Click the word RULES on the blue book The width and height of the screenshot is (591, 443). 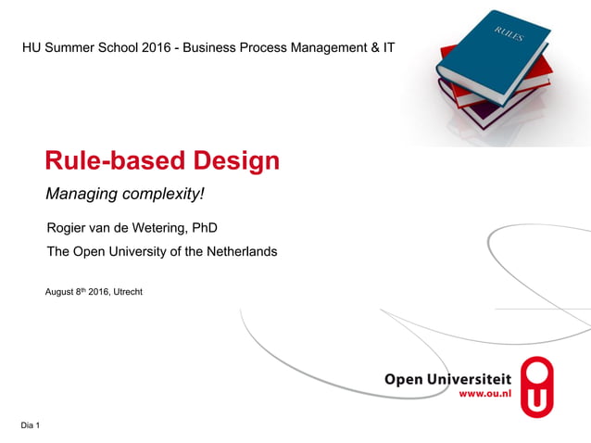tap(509, 35)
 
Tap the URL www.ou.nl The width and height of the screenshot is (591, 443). tap(484, 395)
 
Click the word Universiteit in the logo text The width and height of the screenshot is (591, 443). tap(468, 378)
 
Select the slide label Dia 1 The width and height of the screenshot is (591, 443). tap(29, 425)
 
